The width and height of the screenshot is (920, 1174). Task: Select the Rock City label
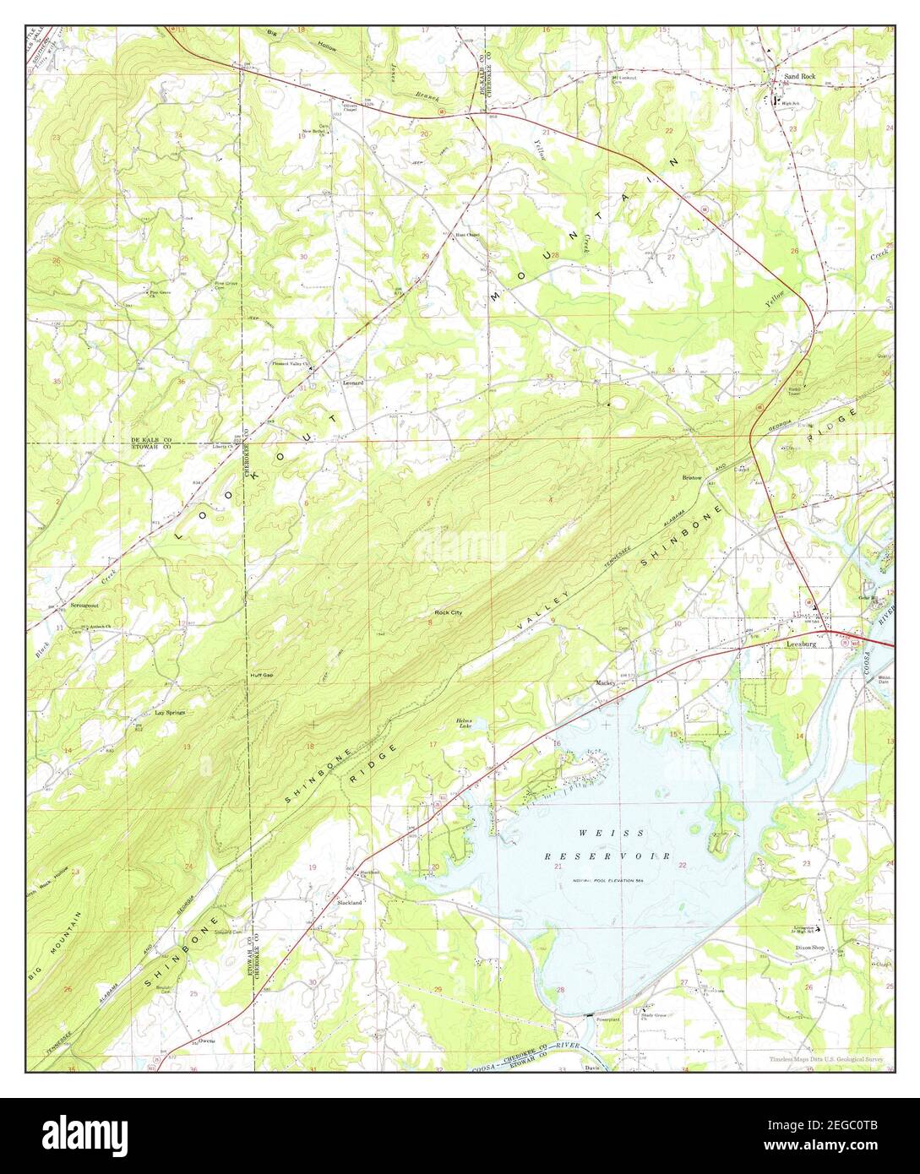click(449, 611)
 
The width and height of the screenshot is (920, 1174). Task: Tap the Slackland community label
click(350, 903)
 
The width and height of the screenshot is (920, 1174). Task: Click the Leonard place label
click(352, 383)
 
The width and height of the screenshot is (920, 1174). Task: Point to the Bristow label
click(694, 478)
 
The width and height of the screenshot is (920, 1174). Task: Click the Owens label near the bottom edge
click(207, 1041)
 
